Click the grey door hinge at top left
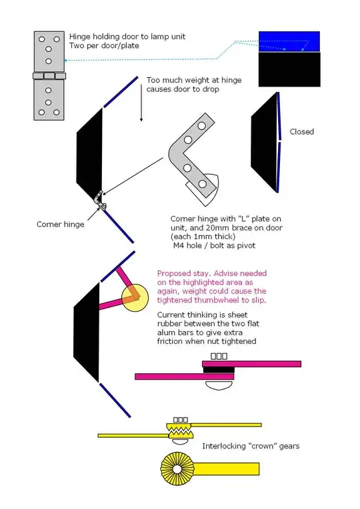point(48,76)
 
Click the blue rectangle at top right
point(289,41)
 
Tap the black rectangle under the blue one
point(289,70)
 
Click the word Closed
point(301,132)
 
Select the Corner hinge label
point(60,225)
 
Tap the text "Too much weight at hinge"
point(194,80)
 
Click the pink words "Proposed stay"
point(183,273)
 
